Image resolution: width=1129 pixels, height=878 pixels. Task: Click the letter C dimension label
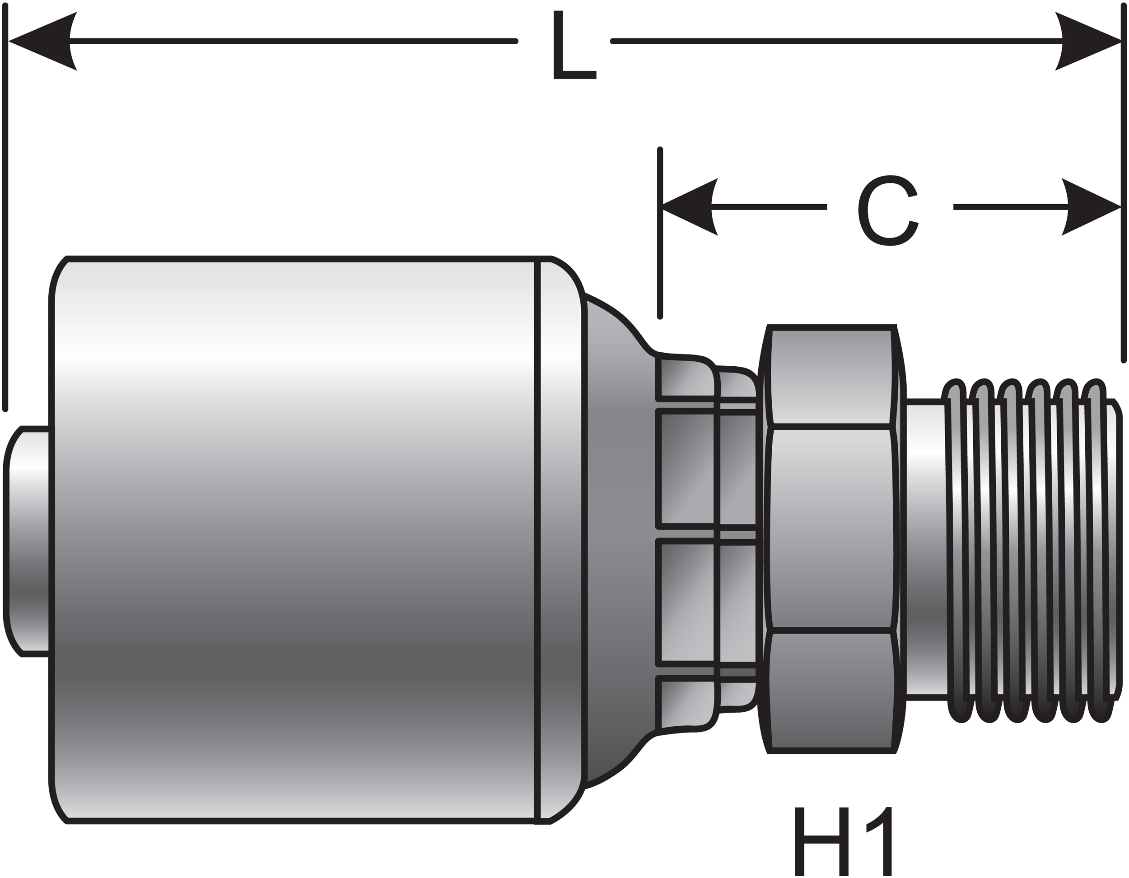889,210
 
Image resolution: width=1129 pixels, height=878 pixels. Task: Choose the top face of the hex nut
831,378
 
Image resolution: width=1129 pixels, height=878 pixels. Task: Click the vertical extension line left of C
660,233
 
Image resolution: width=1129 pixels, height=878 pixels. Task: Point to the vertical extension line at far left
5,207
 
